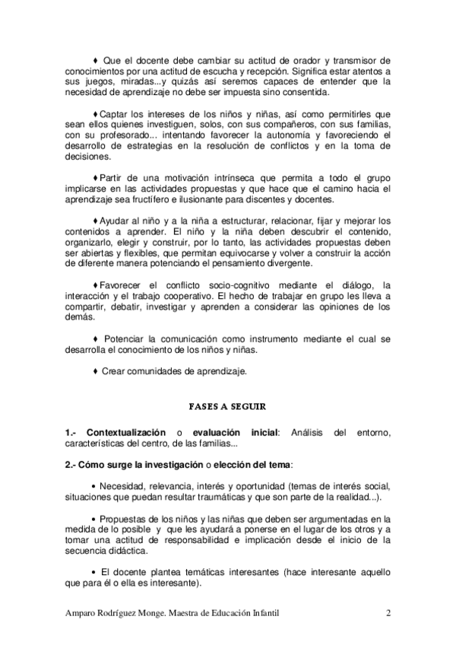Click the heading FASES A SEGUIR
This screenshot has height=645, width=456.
[x=228, y=407]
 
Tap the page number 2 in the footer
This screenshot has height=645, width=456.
[x=388, y=613]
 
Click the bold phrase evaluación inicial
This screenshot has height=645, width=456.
[x=236, y=433]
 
